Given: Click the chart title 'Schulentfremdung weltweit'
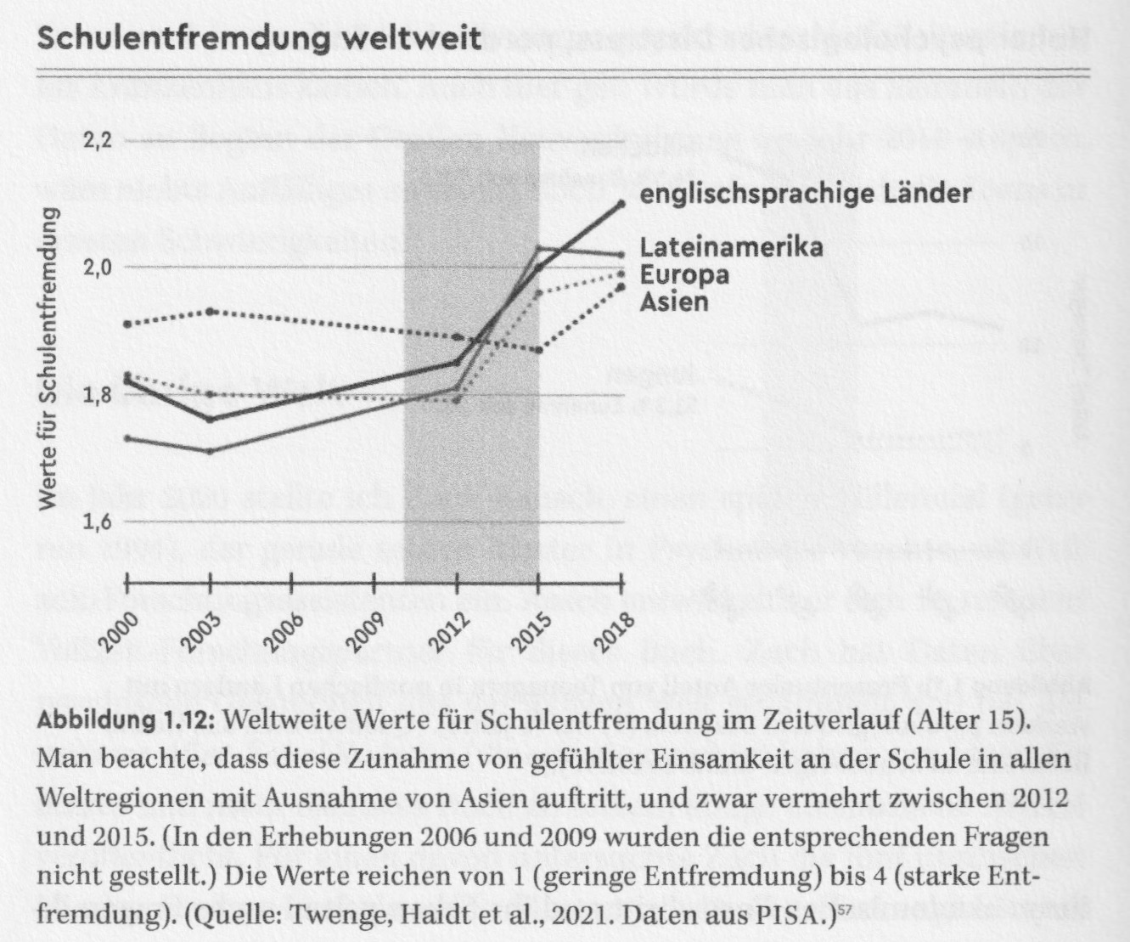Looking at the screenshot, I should coord(260,38).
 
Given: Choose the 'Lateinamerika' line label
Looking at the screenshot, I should coord(731,248).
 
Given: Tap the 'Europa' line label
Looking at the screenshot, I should coord(684,275).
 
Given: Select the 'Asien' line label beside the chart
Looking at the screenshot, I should coord(674,302).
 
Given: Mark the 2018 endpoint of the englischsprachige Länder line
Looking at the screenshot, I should coord(622,203).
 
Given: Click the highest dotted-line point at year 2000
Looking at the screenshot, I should coord(127,324).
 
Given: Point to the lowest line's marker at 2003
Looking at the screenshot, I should coord(210,450).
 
